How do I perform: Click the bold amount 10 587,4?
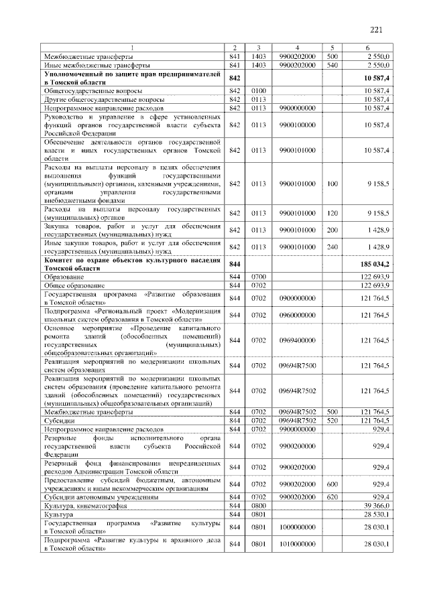click(x=376, y=78)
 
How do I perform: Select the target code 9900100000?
click(x=296, y=125)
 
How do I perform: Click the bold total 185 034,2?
click(x=374, y=265)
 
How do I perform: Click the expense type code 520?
click(x=332, y=420)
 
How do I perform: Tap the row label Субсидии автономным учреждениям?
click(x=101, y=498)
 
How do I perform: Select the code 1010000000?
click(x=296, y=545)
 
